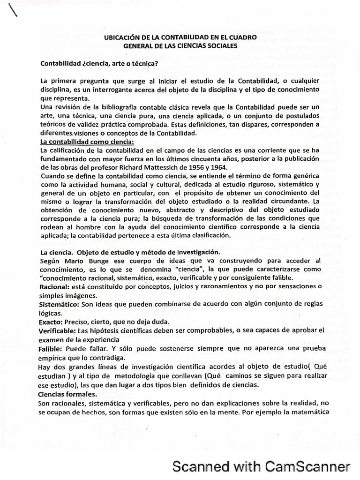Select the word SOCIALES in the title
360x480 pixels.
(222, 45)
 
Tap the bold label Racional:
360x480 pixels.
(56, 286)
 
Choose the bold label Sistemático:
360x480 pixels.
(61, 304)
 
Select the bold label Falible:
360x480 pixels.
(53, 349)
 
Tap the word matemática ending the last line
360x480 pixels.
(311, 412)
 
